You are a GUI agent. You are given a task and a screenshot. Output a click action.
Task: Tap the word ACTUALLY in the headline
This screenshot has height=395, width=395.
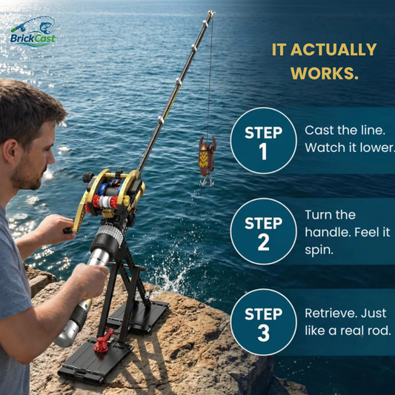point(333,50)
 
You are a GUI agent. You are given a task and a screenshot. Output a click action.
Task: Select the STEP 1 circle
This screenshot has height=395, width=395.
point(264,141)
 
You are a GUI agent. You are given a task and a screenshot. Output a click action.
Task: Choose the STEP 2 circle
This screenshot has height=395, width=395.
point(264,231)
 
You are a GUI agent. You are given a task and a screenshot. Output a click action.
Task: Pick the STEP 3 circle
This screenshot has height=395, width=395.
point(264,322)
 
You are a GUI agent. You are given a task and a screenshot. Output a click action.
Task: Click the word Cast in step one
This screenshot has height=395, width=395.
point(319,130)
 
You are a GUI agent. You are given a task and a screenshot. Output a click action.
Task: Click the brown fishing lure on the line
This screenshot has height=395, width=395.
point(207,156)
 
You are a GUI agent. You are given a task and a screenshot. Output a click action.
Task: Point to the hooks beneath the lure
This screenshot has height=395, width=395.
point(207,181)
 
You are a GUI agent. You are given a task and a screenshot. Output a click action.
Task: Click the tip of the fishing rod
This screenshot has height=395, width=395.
point(212,13)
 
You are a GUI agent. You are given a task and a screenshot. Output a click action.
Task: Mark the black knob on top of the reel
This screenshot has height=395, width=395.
point(88,177)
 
